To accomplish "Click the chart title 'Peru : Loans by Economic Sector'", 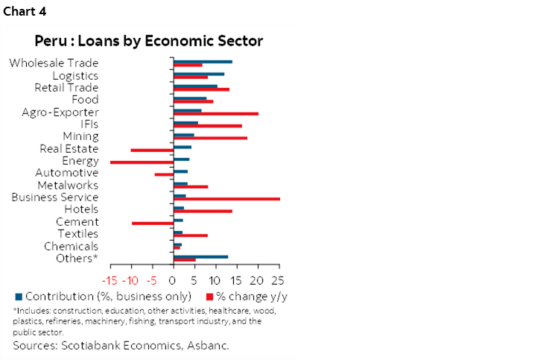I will tap(149, 40).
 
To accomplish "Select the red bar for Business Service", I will tap(226, 199).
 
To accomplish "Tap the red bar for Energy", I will tap(142, 162).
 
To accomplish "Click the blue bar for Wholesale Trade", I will tap(203, 61).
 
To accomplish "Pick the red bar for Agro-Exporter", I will tap(216, 113).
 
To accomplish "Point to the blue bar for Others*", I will tap(200, 256).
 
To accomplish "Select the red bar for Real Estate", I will tap(152, 150).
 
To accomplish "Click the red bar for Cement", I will tap(153, 223).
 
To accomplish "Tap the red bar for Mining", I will tap(210, 138).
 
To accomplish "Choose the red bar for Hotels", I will tap(203, 211).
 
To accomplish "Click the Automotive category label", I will tap(67, 173).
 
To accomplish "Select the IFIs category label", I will tap(88, 124).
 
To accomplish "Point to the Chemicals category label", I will tap(71, 246).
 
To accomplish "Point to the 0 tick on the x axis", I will tap(173, 281).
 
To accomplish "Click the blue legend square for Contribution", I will tap(17, 296).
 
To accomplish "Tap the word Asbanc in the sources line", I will tap(208, 346).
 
